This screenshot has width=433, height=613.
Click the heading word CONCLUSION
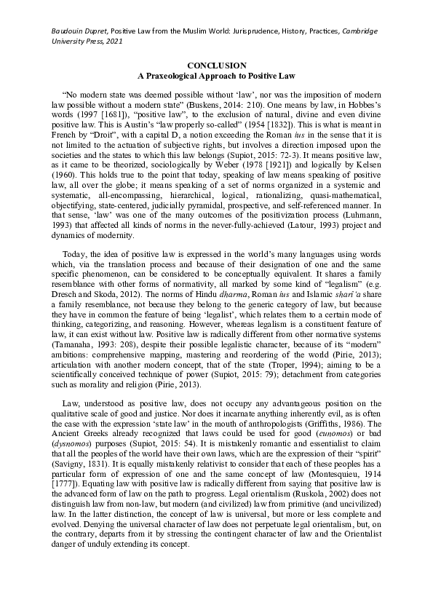tap(216, 66)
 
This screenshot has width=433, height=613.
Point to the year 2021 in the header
tap(111, 41)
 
